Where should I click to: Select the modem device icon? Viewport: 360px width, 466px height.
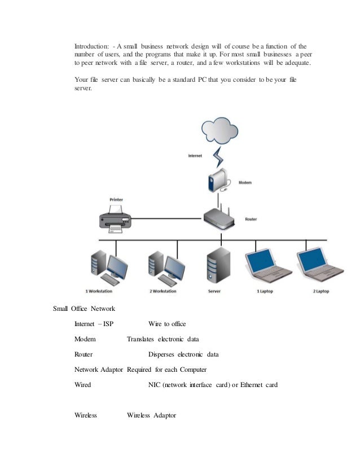click(x=217, y=181)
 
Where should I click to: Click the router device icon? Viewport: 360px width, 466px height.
click(x=217, y=216)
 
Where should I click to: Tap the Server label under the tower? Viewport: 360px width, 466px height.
click(x=214, y=292)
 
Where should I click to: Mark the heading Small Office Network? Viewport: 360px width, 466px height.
click(x=84, y=309)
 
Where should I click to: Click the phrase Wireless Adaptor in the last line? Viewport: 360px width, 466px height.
click(x=151, y=415)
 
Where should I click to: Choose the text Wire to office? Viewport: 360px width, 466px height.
click(x=167, y=324)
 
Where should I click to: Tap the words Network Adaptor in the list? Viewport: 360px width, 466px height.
click(x=99, y=370)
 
